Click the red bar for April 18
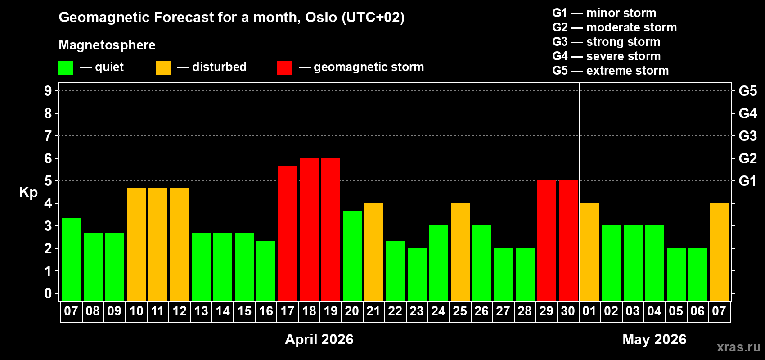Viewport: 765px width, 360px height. [309, 229]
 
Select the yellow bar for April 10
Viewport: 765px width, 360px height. [136, 244]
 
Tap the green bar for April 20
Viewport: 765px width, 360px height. [352, 256]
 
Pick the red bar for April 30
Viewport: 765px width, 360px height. [568, 241]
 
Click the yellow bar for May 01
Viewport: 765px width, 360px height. [590, 252]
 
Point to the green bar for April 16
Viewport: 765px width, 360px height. [266, 270]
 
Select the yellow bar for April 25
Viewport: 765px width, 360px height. [460, 252]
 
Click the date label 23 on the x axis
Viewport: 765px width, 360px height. [417, 311]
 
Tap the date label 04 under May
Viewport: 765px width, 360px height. [654, 311]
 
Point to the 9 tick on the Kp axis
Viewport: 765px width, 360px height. [48, 91]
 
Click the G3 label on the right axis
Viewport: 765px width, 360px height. [747, 136]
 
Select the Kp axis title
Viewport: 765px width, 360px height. [28, 193]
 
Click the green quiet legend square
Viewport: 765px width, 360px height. [66, 68]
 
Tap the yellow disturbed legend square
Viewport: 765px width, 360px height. [163, 68]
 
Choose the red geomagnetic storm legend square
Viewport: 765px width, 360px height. [285, 68]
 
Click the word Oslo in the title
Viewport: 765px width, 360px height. [321, 18]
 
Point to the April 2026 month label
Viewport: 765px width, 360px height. [319, 339]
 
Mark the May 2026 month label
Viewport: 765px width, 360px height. [654, 339]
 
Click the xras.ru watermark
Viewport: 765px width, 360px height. [738, 347]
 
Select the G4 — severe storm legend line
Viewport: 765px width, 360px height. [607, 56]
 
